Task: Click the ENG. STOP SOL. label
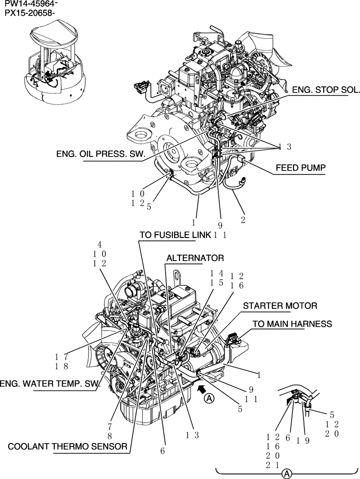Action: tap(320, 90)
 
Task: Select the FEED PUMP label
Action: tap(300, 168)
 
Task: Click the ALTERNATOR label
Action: tap(195, 258)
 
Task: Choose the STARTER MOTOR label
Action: tap(280, 306)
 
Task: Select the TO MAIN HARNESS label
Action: tap(292, 324)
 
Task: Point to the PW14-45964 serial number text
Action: tap(27, 5)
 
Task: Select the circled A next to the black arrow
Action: tap(209, 398)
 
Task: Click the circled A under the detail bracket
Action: tap(286, 473)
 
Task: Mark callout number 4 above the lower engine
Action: tap(100, 244)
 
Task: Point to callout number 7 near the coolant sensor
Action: tap(110, 425)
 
